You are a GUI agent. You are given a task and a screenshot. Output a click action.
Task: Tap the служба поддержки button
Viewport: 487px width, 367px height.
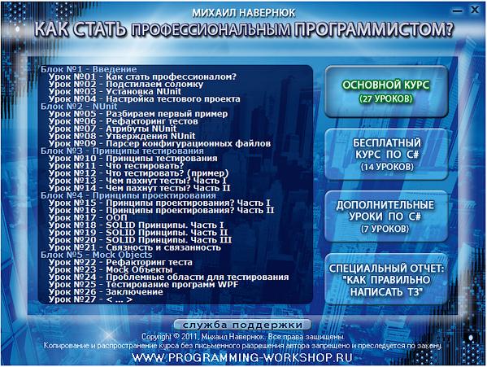(243, 325)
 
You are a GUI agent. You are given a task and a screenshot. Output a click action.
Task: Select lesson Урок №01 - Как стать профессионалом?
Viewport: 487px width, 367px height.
(142, 76)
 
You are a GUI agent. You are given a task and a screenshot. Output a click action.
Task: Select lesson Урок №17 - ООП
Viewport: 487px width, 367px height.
(85, 217)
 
